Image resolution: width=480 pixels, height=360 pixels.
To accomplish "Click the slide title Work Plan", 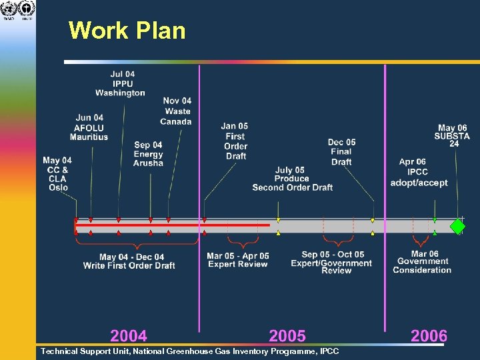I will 127,31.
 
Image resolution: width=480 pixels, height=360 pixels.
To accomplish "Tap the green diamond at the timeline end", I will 458,225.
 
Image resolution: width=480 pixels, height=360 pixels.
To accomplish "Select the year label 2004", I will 129,335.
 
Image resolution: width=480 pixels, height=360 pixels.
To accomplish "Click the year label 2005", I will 287,335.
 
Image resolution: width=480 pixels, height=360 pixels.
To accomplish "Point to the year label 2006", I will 429,335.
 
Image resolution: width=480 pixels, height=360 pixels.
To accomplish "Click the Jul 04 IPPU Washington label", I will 121,84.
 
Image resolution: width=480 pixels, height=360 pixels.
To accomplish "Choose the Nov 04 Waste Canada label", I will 177,111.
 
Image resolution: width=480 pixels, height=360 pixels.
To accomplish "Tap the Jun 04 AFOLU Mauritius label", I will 89,127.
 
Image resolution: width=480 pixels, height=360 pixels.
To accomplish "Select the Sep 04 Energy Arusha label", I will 148,154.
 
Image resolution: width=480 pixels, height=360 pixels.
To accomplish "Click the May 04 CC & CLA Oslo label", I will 57,174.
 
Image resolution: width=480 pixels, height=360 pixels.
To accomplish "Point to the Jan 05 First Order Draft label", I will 235,141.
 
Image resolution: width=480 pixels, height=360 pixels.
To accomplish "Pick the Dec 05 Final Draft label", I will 341,152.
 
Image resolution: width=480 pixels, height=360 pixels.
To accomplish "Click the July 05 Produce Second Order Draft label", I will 292,179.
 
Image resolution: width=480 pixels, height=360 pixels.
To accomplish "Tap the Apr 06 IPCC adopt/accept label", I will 419,173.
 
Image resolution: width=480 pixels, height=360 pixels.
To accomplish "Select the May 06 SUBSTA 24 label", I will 453,135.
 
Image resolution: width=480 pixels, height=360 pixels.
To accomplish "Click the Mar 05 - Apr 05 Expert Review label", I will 238,260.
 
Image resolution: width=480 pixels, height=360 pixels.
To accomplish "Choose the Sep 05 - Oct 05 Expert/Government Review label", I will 331,262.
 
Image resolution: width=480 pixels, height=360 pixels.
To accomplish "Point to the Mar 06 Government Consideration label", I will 422,262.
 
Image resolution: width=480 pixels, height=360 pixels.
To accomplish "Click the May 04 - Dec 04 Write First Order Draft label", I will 129,261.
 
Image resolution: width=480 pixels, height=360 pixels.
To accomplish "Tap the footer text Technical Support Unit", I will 189,351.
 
